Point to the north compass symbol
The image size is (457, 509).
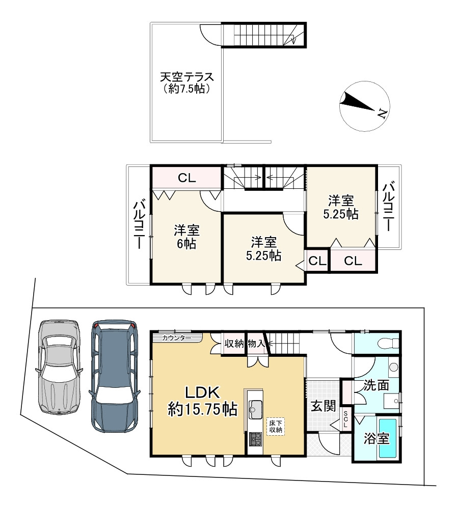[x=363, y=105]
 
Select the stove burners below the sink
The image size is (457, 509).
[x=255, y=439]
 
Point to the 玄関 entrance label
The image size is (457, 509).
[x=322, y=406]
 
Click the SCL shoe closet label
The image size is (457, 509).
[x=345, y=418]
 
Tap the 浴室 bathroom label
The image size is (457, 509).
[x=377, y=438]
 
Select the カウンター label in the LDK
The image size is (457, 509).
[x=176, y=337]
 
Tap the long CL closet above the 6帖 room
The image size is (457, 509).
[x=186, y=178]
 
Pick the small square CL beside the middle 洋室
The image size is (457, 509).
[x=317, y=261]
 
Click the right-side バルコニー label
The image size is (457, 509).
[x=389, y=206]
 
